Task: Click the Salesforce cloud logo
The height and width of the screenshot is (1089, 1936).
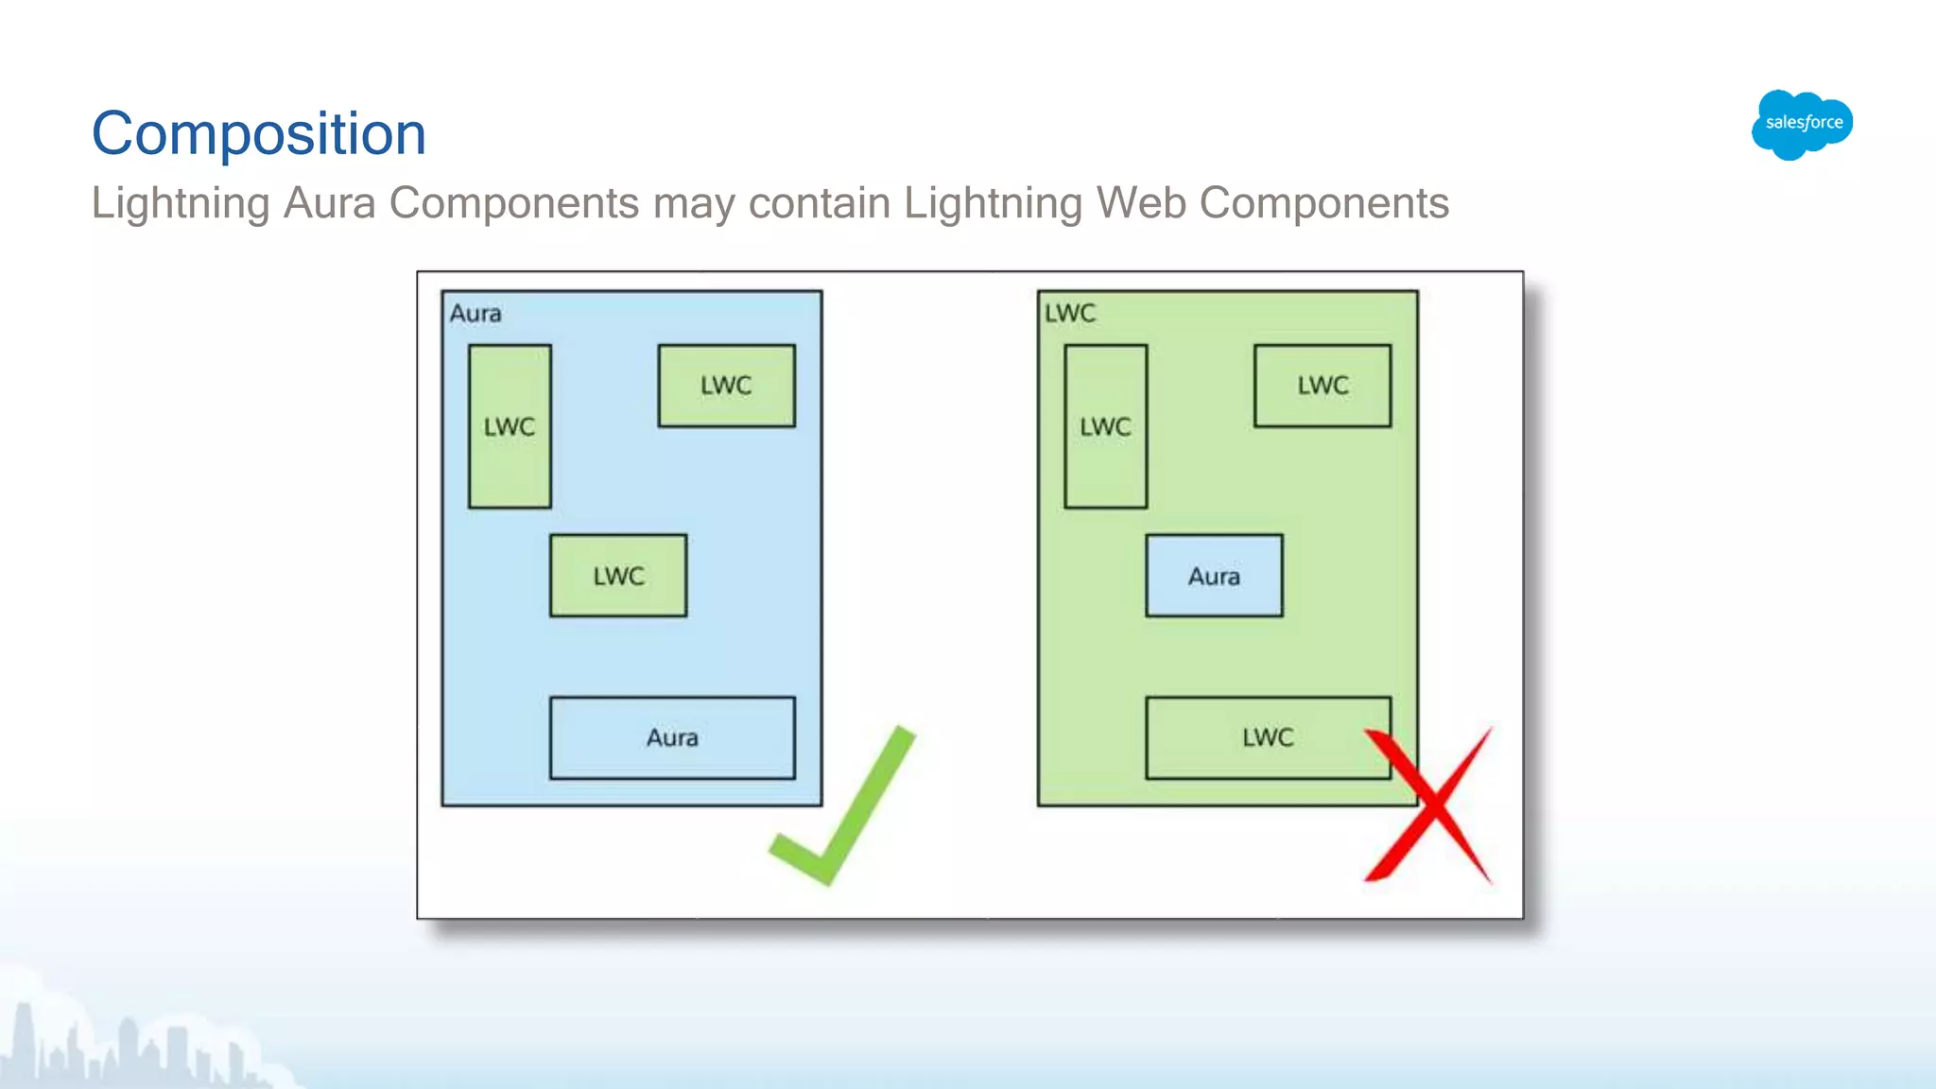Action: coord(1802,124)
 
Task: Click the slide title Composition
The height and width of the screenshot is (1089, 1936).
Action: coord(258,133)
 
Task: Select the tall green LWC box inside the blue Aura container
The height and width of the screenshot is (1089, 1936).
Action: coord(510,426)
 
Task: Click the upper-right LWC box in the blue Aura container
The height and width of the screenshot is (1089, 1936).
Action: coord(726,386)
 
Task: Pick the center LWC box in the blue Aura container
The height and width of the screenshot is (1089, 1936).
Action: coord(618,576)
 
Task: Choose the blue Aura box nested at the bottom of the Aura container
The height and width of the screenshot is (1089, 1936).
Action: coord(672,737)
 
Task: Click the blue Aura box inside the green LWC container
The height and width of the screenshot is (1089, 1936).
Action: coord(1214,576)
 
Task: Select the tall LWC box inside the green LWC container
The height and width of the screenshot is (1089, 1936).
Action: coord(1105,426)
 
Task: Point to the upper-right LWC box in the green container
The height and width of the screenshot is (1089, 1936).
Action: coord(1322,386)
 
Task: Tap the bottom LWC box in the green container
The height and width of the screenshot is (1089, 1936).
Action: coord(1267,737)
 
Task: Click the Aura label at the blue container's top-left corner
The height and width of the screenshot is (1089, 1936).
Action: coord(475,313)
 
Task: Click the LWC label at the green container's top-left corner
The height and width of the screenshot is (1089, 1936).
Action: coord(1070,313)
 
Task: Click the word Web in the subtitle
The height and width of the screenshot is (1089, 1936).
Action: coord(1141,203)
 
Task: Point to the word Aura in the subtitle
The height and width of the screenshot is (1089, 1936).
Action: coord(329,203)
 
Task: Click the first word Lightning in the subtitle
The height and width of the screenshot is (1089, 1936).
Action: coord(181,203)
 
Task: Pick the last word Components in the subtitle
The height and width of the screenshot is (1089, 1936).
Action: coord(1323,203)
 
